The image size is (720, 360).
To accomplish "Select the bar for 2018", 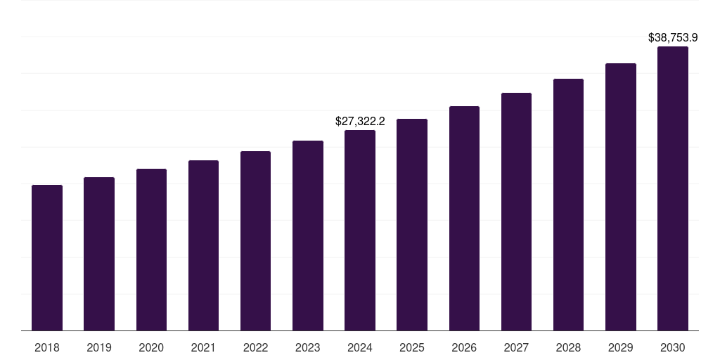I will point(47,257).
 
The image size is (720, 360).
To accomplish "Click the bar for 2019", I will point(99,254).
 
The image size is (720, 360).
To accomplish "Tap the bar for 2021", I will point(203,245).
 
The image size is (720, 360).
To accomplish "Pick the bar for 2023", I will point(308,236).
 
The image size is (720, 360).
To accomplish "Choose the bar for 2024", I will point(360,230).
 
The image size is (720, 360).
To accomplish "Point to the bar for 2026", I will point(464,218).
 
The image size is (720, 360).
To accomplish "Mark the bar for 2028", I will point(568,205).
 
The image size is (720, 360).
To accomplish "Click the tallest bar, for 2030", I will point(673,188).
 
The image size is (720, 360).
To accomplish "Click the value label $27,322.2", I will point(360,122).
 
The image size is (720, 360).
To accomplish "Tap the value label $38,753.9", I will point(673,38).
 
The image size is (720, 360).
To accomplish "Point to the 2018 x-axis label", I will point(47,347).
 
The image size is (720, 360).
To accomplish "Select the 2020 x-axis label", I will point(151,347).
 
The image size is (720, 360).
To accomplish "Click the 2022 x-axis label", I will point(255,347).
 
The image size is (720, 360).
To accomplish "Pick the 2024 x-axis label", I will point(360,347).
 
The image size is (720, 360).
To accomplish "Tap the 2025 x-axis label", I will point(412,347).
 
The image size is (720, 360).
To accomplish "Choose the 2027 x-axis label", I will point(516,347).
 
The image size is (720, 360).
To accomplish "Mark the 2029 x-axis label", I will point(620,347).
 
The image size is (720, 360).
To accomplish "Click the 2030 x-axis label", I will point(673,347).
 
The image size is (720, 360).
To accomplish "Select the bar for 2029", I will point(620,197).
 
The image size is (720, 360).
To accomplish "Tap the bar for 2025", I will point(412,224).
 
